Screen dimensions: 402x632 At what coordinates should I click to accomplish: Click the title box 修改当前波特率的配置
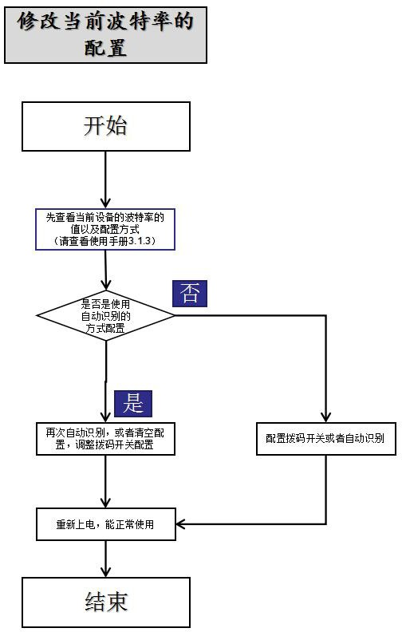point(105,35)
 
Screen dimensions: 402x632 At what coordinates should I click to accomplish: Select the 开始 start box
point(106,127)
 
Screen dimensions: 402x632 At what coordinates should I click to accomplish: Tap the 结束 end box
point(106,602)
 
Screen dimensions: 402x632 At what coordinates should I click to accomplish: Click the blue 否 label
point(190,294)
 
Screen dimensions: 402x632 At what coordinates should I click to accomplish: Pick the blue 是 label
point(133,404)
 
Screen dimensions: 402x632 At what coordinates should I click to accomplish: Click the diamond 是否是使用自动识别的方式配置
point(106,315)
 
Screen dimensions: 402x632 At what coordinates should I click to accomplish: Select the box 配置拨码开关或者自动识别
point(326,439)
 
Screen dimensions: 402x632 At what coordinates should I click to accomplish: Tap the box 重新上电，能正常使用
point(106,524)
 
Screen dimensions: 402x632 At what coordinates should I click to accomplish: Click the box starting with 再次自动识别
point(105,439)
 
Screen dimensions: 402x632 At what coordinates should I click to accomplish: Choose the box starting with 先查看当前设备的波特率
point(105,229)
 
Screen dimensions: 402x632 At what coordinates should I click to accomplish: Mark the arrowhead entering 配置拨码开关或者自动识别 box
point(326,417)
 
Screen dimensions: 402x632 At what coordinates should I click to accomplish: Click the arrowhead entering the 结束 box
point(105,572)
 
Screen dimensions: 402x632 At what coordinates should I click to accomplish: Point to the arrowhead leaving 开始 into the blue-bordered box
point(105,203)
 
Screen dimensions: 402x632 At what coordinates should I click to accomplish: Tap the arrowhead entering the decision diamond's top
point(106,285)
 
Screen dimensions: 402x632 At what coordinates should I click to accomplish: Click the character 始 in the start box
point(116,126)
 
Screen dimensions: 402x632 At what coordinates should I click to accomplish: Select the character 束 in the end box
point(116,602)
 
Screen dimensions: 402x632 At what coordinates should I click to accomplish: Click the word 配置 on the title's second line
point(105,48)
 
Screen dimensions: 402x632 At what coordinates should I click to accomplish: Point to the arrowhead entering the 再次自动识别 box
point(105,417)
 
